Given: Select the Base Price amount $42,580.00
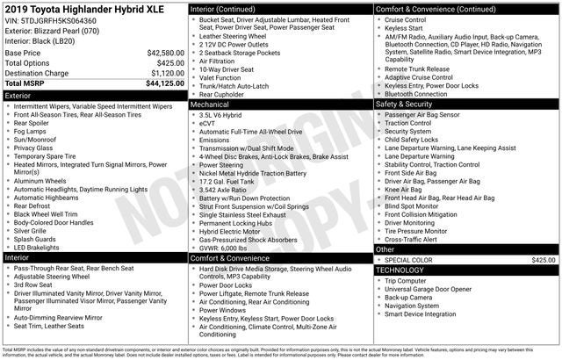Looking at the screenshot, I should point(159,53).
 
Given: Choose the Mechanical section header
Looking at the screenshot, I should point(212,104).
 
